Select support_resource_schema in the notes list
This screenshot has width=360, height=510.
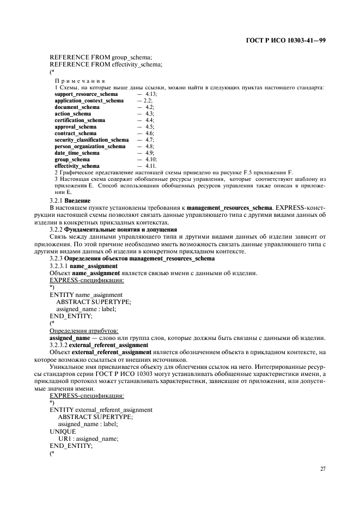coord(86,94)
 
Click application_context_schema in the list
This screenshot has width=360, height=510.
coord(89,101)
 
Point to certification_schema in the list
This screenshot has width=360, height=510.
coord(80,120)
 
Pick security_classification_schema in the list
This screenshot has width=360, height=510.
coord(91,140)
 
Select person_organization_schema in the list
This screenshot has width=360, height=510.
coord(90,147)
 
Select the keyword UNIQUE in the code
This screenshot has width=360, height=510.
coord(63,431)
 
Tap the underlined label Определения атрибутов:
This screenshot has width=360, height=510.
coord(84,330)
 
